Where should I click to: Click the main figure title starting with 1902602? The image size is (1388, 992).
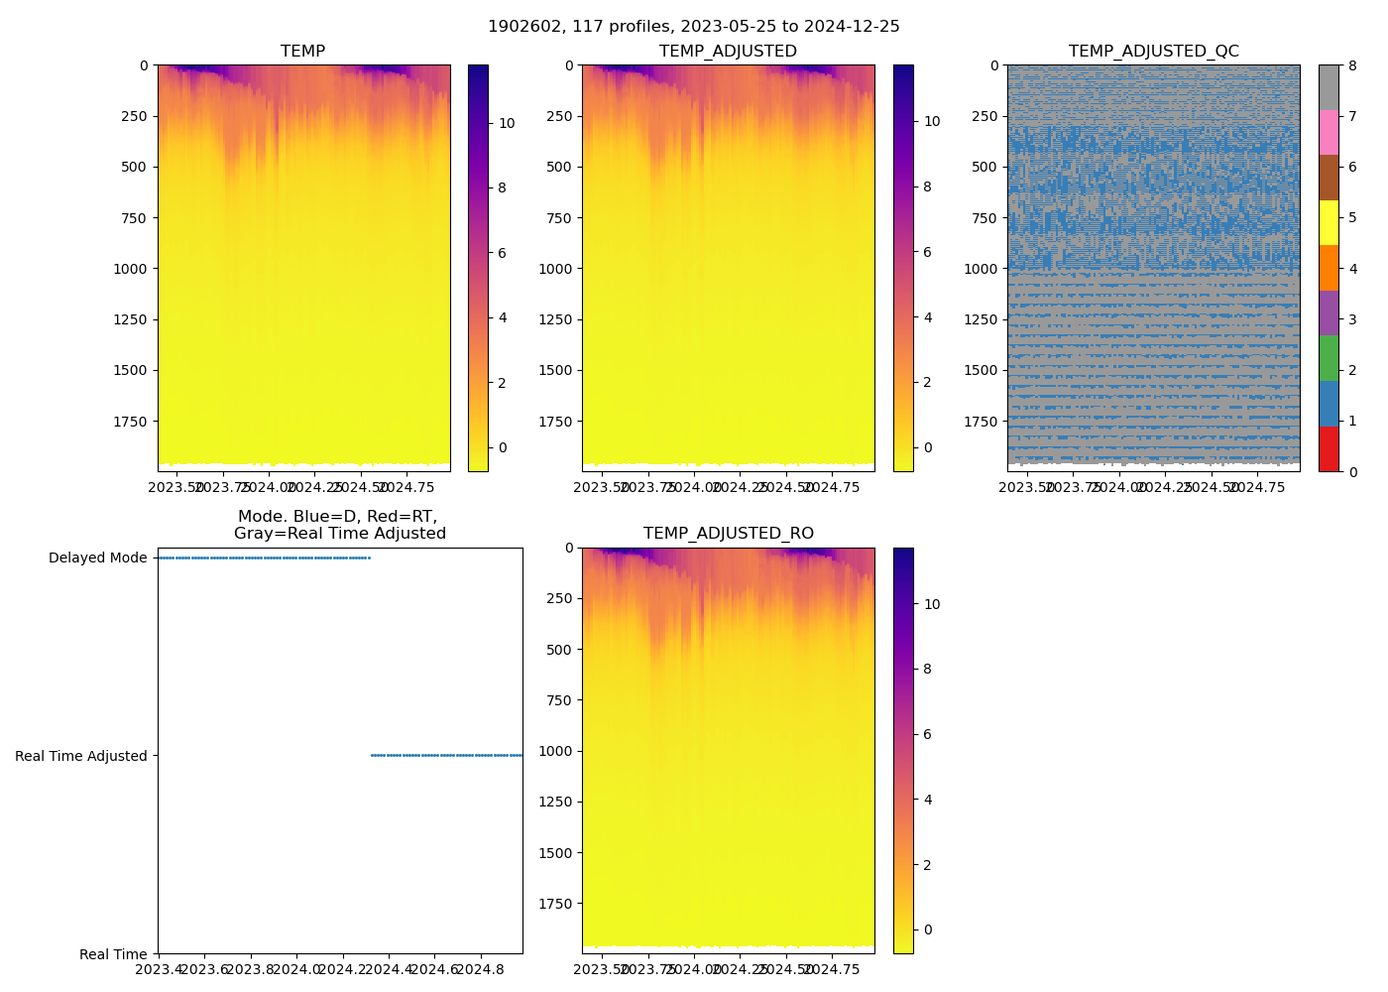click(693, 27)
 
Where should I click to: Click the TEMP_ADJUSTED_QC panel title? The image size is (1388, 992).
click(1153, 52)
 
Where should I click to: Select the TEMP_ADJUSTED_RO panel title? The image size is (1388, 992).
click(728, 534)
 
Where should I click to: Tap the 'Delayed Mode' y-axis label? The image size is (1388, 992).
click(97, 558)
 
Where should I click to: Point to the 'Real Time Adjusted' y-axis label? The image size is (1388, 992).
click(81, 756)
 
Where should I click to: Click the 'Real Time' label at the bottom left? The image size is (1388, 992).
click(113, 954)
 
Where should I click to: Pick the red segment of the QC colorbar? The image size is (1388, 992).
click(1329, 449)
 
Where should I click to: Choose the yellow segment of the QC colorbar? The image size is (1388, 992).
click(1329, 223)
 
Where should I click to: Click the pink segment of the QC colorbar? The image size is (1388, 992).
click(1329, 133)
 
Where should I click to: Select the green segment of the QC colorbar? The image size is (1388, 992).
click(1329, 358)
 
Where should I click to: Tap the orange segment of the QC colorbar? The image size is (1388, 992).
click(1329, 268)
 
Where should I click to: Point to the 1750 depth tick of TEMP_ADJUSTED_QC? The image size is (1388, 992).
click(982, 422)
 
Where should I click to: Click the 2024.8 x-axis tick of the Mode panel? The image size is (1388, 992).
click(481, 968)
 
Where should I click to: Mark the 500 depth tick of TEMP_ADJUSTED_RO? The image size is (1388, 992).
click(560, 650)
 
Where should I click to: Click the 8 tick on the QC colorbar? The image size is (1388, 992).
click(1353, 65)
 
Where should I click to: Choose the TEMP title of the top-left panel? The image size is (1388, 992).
click(302, 52)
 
